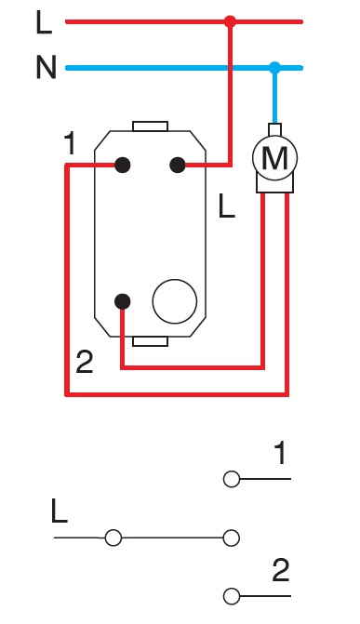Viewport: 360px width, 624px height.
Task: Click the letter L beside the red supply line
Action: coord(44,21)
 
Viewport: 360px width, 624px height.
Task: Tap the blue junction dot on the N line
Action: coord(274,67)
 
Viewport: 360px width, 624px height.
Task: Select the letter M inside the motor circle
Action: coord(274,159)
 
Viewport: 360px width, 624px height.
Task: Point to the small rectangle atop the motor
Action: coord(274,128)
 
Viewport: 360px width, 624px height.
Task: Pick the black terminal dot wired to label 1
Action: coord(121,165)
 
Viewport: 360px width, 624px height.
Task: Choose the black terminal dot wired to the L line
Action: coord(177,165)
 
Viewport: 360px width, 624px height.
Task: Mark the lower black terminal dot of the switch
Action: coord(122,300)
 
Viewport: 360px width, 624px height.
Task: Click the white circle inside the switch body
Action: coord(175,300)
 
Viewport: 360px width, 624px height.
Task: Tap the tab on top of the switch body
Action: coord(150,125)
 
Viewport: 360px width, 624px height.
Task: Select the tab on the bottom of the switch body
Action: coord(150,340)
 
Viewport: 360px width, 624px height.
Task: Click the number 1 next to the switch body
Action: coord(72,145)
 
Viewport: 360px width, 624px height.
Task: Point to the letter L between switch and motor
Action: coord(225,206)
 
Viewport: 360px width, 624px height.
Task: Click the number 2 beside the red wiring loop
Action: coord(85,363)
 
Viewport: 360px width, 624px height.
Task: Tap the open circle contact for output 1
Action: coord(232,480)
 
